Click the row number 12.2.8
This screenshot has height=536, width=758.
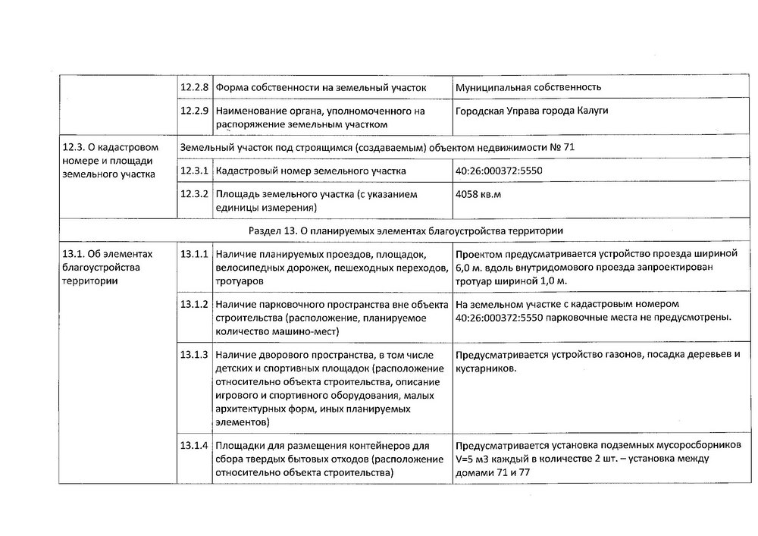click(194, 87)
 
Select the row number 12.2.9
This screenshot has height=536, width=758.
click(194, 111)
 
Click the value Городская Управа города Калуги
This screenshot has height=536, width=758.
click(531, 111)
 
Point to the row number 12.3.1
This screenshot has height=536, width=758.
click(194, 171)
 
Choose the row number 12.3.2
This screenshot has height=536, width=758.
click(194, 194)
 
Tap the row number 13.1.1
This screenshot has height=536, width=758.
click(194, 253)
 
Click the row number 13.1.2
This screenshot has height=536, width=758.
click(194, 304)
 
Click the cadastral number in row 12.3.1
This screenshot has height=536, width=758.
click(499, 171)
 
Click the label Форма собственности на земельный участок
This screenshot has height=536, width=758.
click(321, 87)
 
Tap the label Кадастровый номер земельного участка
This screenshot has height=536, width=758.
click(311, 171)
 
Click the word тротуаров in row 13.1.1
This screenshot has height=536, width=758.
click(240, 281)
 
